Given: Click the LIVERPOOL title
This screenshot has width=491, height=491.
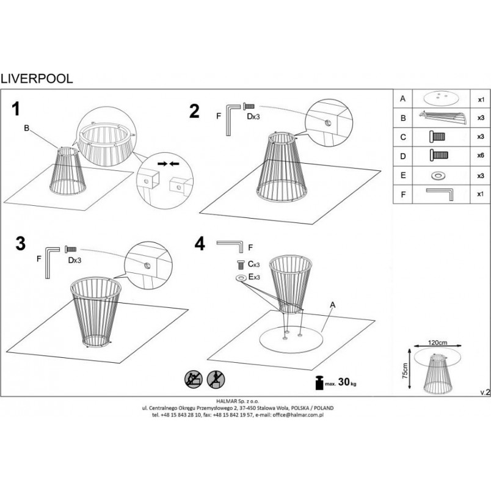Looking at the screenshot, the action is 37,79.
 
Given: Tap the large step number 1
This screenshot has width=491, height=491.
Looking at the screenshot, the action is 16,109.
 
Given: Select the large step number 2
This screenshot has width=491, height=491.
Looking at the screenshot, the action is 194,111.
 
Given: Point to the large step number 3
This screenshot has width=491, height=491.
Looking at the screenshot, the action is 20,243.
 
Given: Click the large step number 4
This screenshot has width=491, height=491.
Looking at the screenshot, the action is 200,243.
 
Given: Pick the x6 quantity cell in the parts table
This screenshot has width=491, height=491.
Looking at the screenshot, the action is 481,155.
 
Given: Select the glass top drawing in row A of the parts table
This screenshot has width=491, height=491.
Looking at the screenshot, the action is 442,98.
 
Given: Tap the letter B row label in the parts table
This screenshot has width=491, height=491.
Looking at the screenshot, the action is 403,118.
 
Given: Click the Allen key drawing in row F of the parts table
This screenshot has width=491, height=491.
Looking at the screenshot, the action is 440,194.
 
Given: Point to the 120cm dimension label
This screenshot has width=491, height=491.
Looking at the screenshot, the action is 437,342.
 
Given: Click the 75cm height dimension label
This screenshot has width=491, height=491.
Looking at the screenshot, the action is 406,371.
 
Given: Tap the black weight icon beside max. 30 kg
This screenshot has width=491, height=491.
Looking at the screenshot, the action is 319,382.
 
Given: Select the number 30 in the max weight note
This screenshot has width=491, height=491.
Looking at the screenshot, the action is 344,382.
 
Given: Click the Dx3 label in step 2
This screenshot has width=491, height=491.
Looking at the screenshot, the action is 253,117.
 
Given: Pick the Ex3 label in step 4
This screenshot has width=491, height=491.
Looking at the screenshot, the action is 254,277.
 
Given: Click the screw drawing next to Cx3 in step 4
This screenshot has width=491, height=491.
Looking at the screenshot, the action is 241,264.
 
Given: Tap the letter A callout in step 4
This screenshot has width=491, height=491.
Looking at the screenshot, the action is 333,305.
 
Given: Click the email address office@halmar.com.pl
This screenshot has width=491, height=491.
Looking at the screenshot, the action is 298,415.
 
